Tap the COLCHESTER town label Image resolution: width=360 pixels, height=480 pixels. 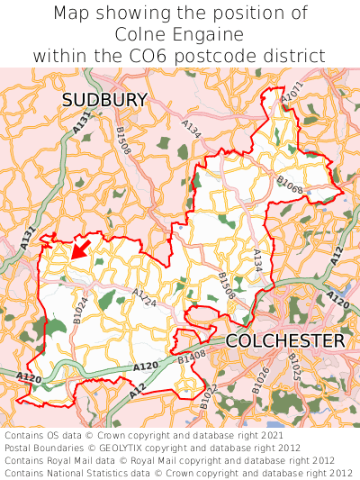point(284,341)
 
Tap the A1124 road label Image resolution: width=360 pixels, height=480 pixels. point(145,297)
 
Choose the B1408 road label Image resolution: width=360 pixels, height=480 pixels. point(192,359)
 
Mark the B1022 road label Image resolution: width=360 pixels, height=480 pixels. point(208,396)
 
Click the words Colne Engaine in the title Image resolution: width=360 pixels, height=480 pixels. point(180,34)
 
